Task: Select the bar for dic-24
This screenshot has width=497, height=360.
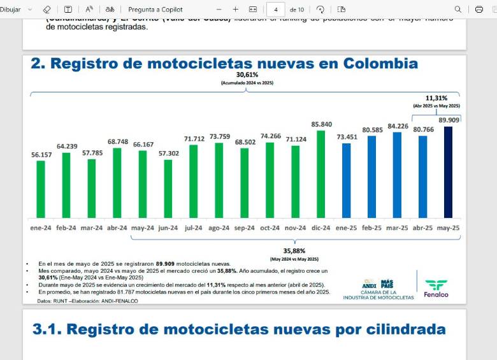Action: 321,174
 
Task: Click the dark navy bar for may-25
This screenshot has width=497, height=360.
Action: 448,172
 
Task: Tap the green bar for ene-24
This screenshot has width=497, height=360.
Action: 41,189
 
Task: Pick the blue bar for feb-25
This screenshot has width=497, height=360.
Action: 371,176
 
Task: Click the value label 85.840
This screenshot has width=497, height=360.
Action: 321,124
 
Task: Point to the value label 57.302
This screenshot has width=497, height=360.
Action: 168,154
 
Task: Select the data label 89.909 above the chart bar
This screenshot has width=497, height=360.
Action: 448,120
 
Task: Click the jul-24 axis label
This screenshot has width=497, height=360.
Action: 193,227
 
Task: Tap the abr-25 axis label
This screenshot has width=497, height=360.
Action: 422,227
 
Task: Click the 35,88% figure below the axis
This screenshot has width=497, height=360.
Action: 294,250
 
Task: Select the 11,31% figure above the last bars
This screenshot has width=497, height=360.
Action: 436,98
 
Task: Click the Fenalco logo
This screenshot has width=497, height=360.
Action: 436,288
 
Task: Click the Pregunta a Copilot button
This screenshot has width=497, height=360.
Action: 155,10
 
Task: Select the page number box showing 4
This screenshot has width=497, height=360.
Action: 275,10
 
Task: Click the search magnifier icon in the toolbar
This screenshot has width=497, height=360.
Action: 458,10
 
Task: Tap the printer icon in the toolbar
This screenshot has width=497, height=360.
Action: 479,10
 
